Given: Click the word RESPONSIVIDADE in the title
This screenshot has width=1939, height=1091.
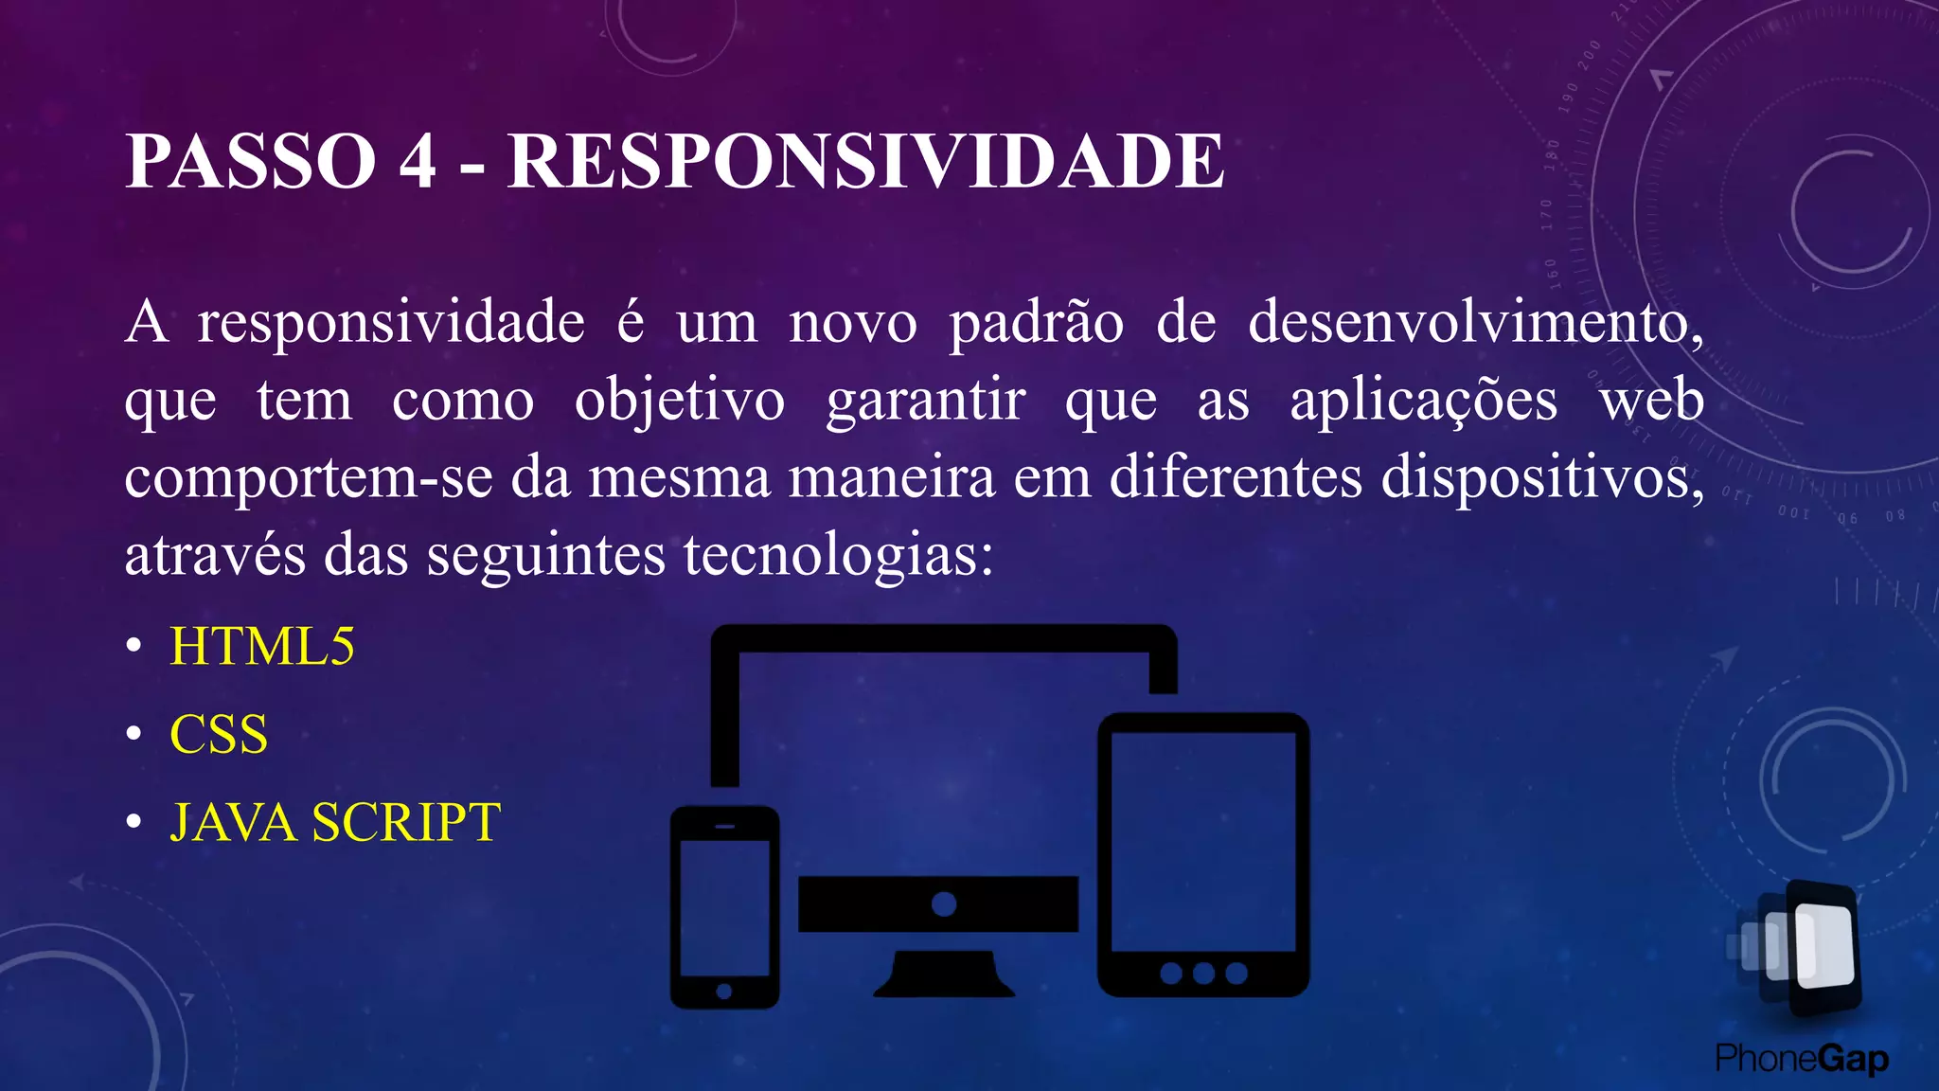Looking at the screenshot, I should coord(865,161).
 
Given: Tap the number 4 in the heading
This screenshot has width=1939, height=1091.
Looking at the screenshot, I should coord(418,161).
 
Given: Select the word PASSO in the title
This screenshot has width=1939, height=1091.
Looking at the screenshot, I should coord(251,161).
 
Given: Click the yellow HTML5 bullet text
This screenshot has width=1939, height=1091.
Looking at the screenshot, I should coord(262,647).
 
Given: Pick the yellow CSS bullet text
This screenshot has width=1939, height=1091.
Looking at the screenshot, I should coord(219,734).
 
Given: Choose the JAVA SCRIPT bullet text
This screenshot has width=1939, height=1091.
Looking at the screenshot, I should coord(335,822).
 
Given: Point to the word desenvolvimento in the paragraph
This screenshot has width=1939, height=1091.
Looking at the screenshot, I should coord(1475,322).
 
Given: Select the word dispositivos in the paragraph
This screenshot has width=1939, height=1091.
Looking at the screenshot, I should coord(1541,478).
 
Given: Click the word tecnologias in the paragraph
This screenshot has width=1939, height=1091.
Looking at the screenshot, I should coord(838,555).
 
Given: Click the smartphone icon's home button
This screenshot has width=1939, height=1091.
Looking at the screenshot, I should coord(724,992).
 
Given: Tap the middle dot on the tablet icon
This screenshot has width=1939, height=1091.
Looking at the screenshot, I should coord(1203,974).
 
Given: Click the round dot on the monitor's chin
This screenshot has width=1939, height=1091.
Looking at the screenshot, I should coord(944,903).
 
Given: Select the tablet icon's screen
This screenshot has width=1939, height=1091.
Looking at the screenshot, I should coord(1203,841).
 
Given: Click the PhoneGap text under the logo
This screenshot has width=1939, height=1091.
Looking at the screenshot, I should coord(1802,1059).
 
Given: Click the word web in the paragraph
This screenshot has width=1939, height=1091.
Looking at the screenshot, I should coord(1652,400).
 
